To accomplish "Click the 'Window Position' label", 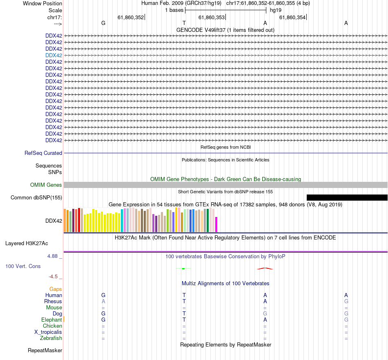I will point(42,3).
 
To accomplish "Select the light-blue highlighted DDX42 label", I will point(54,55).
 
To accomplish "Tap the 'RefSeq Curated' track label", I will point(43,153).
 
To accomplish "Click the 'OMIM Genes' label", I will point(46,185).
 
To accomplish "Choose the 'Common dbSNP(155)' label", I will point(36,198).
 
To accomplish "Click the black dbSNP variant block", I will point(347,198).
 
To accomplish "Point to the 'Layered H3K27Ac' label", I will point(27,244).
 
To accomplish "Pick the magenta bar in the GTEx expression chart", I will point(216,224).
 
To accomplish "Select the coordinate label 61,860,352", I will point(131,17).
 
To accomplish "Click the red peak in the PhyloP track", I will point(265,268).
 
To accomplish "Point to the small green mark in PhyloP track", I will point(184,268).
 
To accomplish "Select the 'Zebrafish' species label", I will point(51,338).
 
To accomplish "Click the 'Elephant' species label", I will point(51,320).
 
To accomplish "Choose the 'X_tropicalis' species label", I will point(48,332).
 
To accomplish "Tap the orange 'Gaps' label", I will point(56,289).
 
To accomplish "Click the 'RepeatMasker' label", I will point(45,351).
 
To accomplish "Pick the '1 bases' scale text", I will point(174,10).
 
